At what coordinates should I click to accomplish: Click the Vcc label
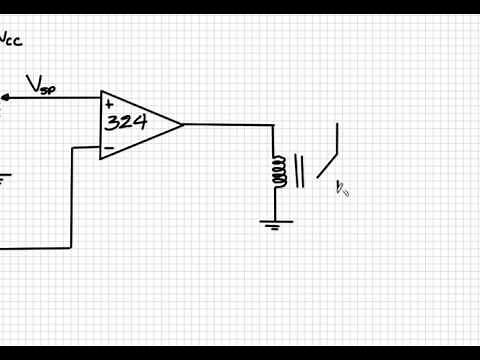[x=11, y=41]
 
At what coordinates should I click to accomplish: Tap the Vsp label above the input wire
[x=41, y=87]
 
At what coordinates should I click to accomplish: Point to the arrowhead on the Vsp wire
[x=5, y=97]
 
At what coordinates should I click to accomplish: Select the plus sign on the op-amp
[x=108, y=104]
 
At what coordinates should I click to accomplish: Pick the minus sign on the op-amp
[x=108, y=148]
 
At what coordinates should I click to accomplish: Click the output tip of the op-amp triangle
[x=183, y=125]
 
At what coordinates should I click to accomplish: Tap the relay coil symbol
[x=278, y=171]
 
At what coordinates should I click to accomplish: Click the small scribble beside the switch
[x=342, y=187]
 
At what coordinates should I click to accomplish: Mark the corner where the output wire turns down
[x=273, y=126]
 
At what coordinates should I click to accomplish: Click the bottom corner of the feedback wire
[x=71, y=246]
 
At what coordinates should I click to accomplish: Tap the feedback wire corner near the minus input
[x=73, y=148]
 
